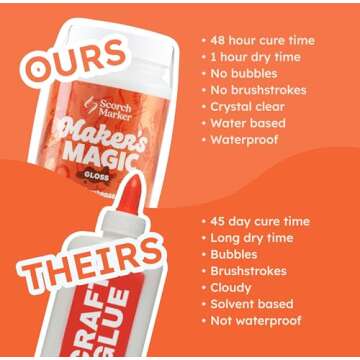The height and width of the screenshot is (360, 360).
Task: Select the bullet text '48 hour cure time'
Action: coord(263,41)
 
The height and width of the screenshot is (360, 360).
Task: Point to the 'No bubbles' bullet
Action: coord(245,74)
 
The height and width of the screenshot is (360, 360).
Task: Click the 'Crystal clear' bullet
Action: coord(252,107)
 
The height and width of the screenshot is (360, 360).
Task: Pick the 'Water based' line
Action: coord(251,123)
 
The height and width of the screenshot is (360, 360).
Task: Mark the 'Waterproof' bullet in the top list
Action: coord(248,140)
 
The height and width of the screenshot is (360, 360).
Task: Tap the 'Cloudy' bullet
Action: coord(236,287)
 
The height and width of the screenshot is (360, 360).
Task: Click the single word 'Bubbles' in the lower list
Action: coord(240,254)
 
